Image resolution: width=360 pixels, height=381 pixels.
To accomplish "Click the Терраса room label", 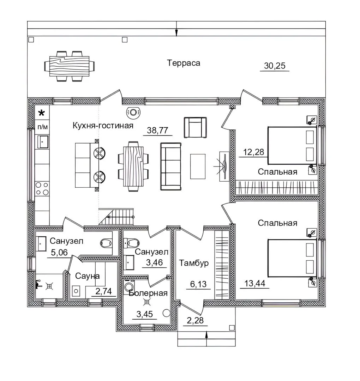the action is [x=184, y=63].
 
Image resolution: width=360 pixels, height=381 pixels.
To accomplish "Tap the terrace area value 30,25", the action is [x=275, y=66].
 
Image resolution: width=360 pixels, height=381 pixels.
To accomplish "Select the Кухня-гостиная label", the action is [x=103, y=125].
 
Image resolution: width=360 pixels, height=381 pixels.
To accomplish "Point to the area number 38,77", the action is [x=157, y=130].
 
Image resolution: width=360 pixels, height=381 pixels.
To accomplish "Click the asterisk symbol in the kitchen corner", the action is [x=42, y=113].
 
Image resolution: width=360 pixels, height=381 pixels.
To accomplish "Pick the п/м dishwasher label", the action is [x=43, y=127].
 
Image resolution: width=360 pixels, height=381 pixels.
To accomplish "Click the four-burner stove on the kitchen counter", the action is [x=42, y=188].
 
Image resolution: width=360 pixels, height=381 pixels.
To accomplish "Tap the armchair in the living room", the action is [x=195, y=128].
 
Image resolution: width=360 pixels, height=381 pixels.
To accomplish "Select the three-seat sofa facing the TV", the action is [x=170, y=167].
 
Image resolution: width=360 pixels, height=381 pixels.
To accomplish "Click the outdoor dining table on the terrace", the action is [x=69, y=66].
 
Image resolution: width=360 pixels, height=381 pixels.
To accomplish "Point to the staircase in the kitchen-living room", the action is [x=116, y=217].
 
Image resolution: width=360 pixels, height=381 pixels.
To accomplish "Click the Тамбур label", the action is [x=194, y=263].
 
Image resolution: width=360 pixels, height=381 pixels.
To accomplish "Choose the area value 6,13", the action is [x=198, y=284].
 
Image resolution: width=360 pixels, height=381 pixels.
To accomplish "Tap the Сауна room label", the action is [x=87, y=276].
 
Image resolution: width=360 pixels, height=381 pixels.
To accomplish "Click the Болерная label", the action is [x=148, y=293].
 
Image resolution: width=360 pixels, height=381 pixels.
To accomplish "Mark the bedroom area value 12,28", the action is [x=253, y=152].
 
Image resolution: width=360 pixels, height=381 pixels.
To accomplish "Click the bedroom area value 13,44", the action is [x=255, y=283].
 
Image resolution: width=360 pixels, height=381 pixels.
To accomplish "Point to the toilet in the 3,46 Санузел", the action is [x=131, y=242].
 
